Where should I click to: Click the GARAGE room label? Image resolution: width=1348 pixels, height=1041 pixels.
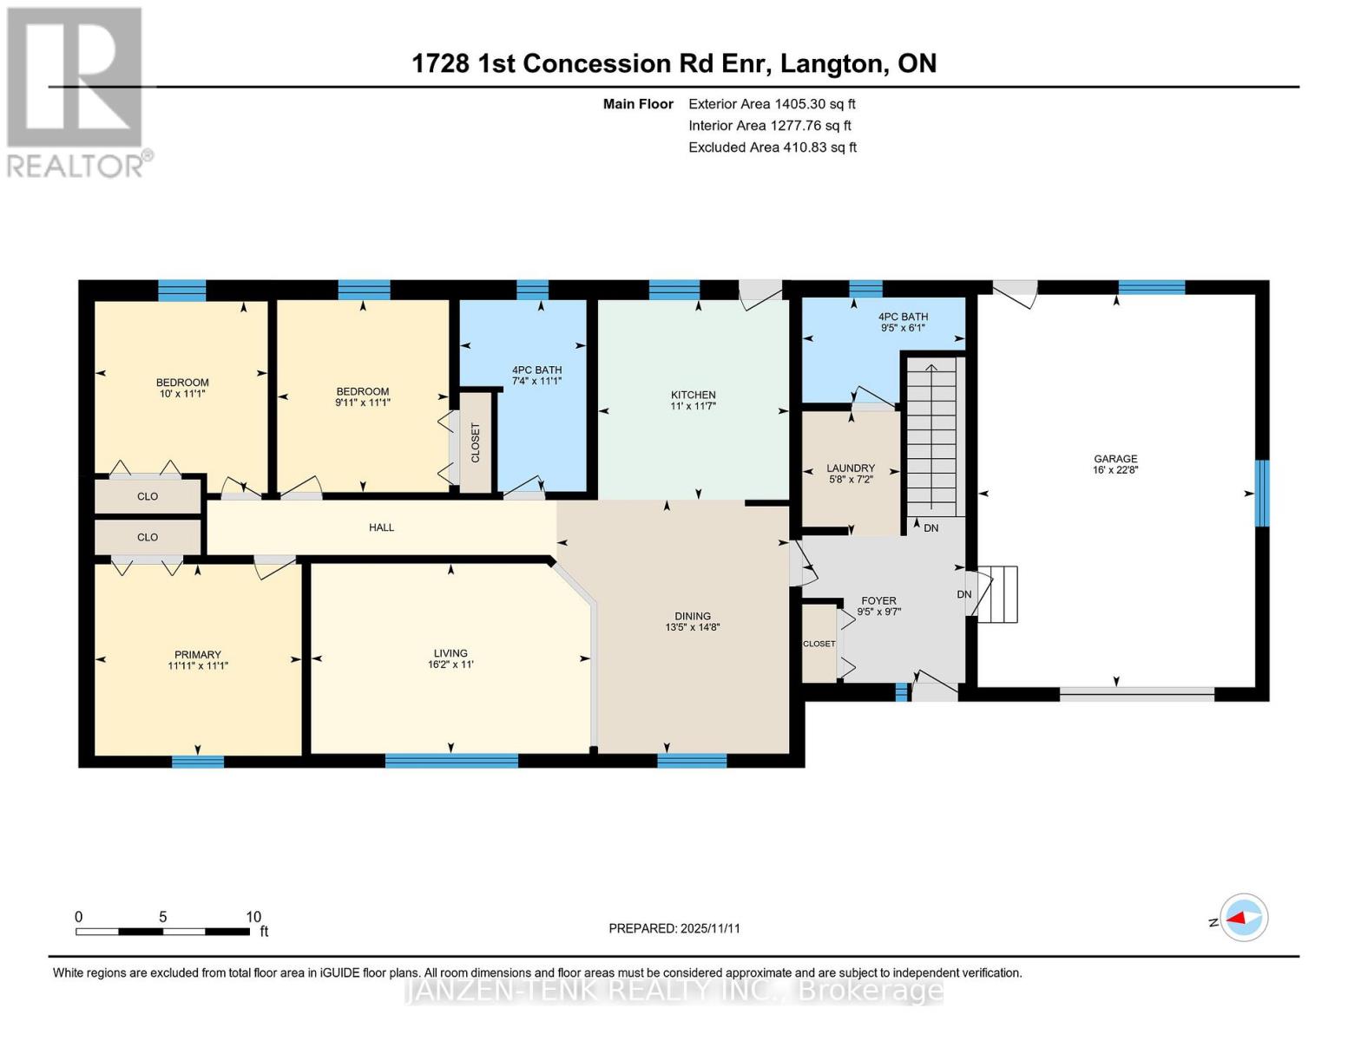point(1115,459)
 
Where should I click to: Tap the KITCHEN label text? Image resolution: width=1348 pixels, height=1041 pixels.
point(693,395)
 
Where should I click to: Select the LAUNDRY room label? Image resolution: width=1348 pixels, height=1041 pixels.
point(850,468)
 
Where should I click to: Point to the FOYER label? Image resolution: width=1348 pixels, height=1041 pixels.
point(878,600)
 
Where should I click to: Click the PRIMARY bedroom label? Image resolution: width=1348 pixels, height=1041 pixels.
point(198,655)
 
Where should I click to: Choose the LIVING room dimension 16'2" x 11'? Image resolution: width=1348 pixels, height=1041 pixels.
point(450,665)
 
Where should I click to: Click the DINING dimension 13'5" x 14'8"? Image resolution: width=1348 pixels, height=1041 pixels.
point(693,627)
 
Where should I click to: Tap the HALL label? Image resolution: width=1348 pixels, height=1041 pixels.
point(381,527)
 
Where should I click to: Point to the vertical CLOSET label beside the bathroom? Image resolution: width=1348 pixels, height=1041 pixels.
point(475,442)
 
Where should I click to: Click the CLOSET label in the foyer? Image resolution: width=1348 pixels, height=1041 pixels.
point(819,644)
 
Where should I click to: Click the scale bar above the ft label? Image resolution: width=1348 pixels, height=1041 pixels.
point(162,932)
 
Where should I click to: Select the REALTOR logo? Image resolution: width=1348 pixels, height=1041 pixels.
point(76,91)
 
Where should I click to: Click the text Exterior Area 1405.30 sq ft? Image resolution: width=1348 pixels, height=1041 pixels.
point(772,104)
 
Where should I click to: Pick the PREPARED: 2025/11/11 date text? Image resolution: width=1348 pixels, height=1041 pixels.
point(674,928)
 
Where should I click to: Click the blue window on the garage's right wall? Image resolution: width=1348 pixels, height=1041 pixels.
point(1262,493)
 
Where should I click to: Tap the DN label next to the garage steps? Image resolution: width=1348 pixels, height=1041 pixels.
point(963,594)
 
